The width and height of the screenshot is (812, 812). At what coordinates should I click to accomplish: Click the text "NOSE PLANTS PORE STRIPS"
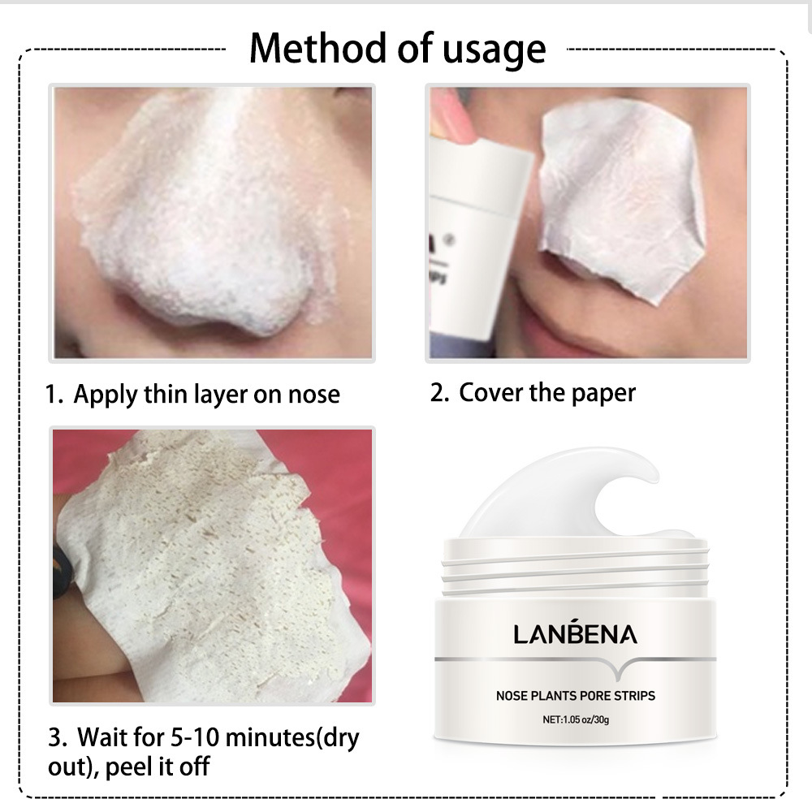576,695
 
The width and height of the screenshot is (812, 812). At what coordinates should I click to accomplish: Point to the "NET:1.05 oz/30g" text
576,719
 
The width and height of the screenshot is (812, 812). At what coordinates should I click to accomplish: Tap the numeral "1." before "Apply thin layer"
54,395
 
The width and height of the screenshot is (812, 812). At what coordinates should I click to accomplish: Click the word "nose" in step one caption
313,396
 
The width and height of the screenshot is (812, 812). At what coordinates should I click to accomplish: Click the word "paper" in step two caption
602,394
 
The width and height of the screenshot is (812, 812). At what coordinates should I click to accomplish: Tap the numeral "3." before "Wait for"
57,739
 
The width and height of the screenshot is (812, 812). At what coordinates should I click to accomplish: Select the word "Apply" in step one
106,396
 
